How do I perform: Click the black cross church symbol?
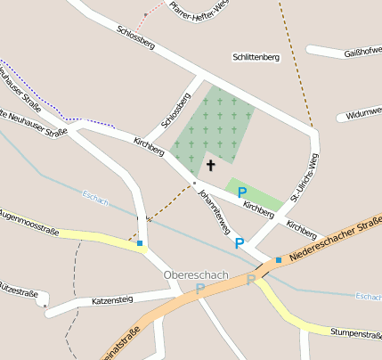pos(211,165)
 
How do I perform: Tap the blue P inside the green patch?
pos(241,192)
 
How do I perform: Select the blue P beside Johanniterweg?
pos(239,241)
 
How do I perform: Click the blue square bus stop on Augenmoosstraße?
pos(140,242)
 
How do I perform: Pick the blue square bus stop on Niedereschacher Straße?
pos(279,260)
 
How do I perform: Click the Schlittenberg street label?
pos(256,57)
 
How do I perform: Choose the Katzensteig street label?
pos(112,301)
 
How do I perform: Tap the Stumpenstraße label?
pos(354,332)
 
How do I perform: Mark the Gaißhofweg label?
pos(362,53)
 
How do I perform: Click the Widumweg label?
pos(363,114)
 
